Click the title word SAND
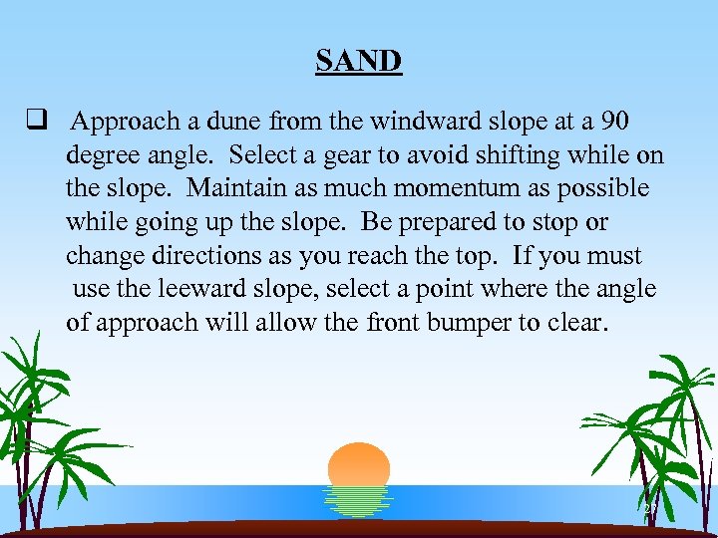pos(358,61)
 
